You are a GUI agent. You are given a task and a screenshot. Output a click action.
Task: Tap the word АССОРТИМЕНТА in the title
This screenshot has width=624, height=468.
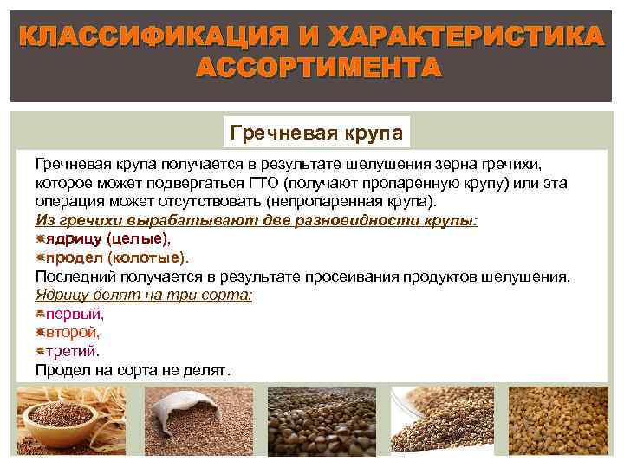tap(318, 68)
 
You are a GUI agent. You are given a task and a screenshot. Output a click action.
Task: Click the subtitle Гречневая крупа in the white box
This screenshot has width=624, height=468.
tap(316, 133)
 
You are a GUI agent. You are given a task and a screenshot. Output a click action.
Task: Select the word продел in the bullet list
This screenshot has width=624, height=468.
tap(71, 257)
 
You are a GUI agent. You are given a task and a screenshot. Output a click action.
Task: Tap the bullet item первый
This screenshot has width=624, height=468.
tap(75, 313)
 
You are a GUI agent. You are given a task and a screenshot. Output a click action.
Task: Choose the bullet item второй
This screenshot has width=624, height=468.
tap(74, 332)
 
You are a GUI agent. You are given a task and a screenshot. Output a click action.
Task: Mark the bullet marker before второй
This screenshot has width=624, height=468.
tap(40, 332)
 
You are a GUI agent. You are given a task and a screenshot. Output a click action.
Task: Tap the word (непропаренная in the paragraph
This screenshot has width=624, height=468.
tap(320, 200)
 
